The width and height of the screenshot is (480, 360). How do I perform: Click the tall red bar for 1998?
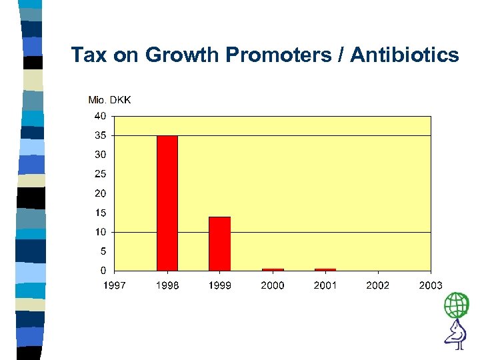pyautogui.click(x=167, y=203)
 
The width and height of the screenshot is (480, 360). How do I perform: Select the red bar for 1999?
pyautogui.click(x=219, y=243)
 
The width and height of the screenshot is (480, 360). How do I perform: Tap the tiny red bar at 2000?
pyautogui.click(x=273, y=269)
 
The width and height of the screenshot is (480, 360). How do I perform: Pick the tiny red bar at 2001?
pyautogui.click(x=325, y=269)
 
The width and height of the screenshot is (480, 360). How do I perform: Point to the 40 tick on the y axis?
pyautogui.click(x=99, y=115)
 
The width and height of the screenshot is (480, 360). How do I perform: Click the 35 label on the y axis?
pyautogui.click(x=99, y=135)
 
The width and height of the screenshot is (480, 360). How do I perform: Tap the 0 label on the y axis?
pyautogui.click(x=102, y=271)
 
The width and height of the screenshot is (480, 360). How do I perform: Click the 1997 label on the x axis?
pyautogui.click(x=115, y=285)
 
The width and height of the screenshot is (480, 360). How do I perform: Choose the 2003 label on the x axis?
pyautogui.click(x=430, y=285)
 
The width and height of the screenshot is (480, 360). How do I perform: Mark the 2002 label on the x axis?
pyautogui.click(x=377, y=285)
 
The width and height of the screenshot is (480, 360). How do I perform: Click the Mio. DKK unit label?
pyautogui.click(x=110, y=100)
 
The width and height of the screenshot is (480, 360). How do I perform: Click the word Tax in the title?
pyautogui.click(x=89, y=55)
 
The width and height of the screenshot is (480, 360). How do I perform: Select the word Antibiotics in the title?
pyautogui.click(x=405, y=55)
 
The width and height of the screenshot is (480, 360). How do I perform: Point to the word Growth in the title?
pyautogui.click(x=182, y=55)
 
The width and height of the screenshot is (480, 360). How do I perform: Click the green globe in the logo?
pyautogui.click(x=457, y=305)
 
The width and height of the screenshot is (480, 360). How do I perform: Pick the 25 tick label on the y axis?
pyautogui.click(x=99, y=174)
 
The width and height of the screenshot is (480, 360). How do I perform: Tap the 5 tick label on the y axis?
pyautogui.click(x=102, y=251)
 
